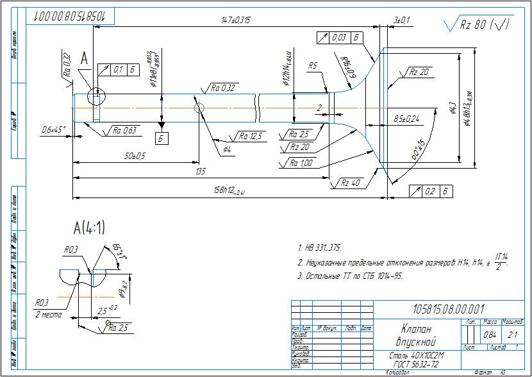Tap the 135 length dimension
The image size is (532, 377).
tap(201, 171)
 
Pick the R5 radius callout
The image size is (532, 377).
tap(313, 65)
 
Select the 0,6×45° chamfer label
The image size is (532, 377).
tap(54, 130)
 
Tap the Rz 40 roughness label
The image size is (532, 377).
tap(350, 183)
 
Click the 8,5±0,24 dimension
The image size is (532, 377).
tap(406, 119)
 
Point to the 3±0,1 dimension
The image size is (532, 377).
tap(402, 21)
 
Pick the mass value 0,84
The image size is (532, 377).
tap(489, 335)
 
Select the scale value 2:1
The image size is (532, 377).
tap(513, 335)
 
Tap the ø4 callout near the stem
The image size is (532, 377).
tap(227, 149)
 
